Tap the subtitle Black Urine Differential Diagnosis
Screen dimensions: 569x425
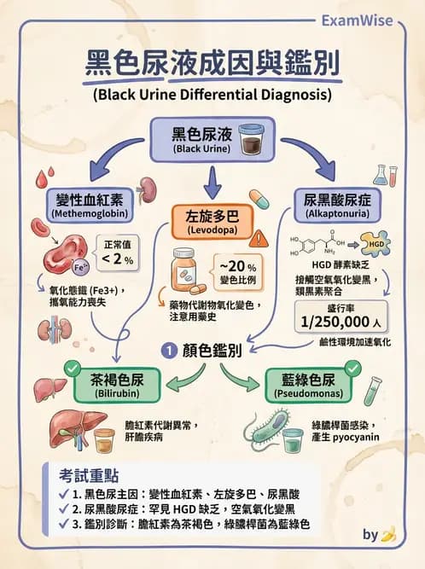pyautogui.click(x=212, y=94)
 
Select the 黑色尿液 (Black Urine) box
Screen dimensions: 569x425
pyautogui.click(x=201, y=139)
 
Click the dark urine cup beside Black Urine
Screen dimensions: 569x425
pyautogui.click(x=253, y=138)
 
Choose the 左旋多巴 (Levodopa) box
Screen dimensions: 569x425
pyautogui.click(x=212, y=220)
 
